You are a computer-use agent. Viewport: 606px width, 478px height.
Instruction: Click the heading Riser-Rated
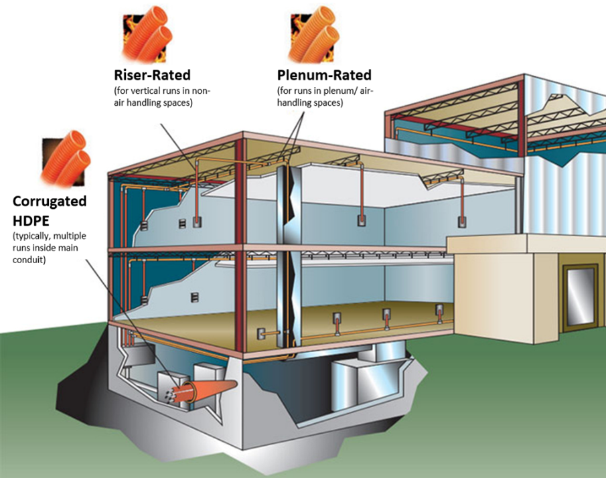[x=152, y=74]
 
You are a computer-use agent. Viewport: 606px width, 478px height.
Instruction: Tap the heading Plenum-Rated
[x=324, y=74]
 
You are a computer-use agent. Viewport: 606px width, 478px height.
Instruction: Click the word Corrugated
[x=50, y=202]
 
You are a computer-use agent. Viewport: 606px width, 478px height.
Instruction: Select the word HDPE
[x=31, y=221]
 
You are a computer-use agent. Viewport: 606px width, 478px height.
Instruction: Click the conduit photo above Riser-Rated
[x=147, y=35]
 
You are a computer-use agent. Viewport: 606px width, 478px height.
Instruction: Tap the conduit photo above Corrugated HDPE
[x=66, y=159]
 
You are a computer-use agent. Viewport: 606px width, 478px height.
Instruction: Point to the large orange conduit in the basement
[x=209, y=390]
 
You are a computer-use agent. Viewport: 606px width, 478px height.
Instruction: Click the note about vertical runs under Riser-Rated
[x=162, y=96]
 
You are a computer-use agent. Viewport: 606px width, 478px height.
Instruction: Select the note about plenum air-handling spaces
[x=325, y=96]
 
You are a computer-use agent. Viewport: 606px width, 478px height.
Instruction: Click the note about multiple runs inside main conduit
[x=50, y=248]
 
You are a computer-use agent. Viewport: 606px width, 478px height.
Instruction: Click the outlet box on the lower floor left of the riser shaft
[x=262, y=334]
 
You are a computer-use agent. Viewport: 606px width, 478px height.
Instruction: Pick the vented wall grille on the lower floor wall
[x=195, y=297]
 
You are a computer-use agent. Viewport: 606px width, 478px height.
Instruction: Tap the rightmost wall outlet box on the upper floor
[x=462, y=222]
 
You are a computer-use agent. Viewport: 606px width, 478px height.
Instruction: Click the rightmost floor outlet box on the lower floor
[x=439, y=309]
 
